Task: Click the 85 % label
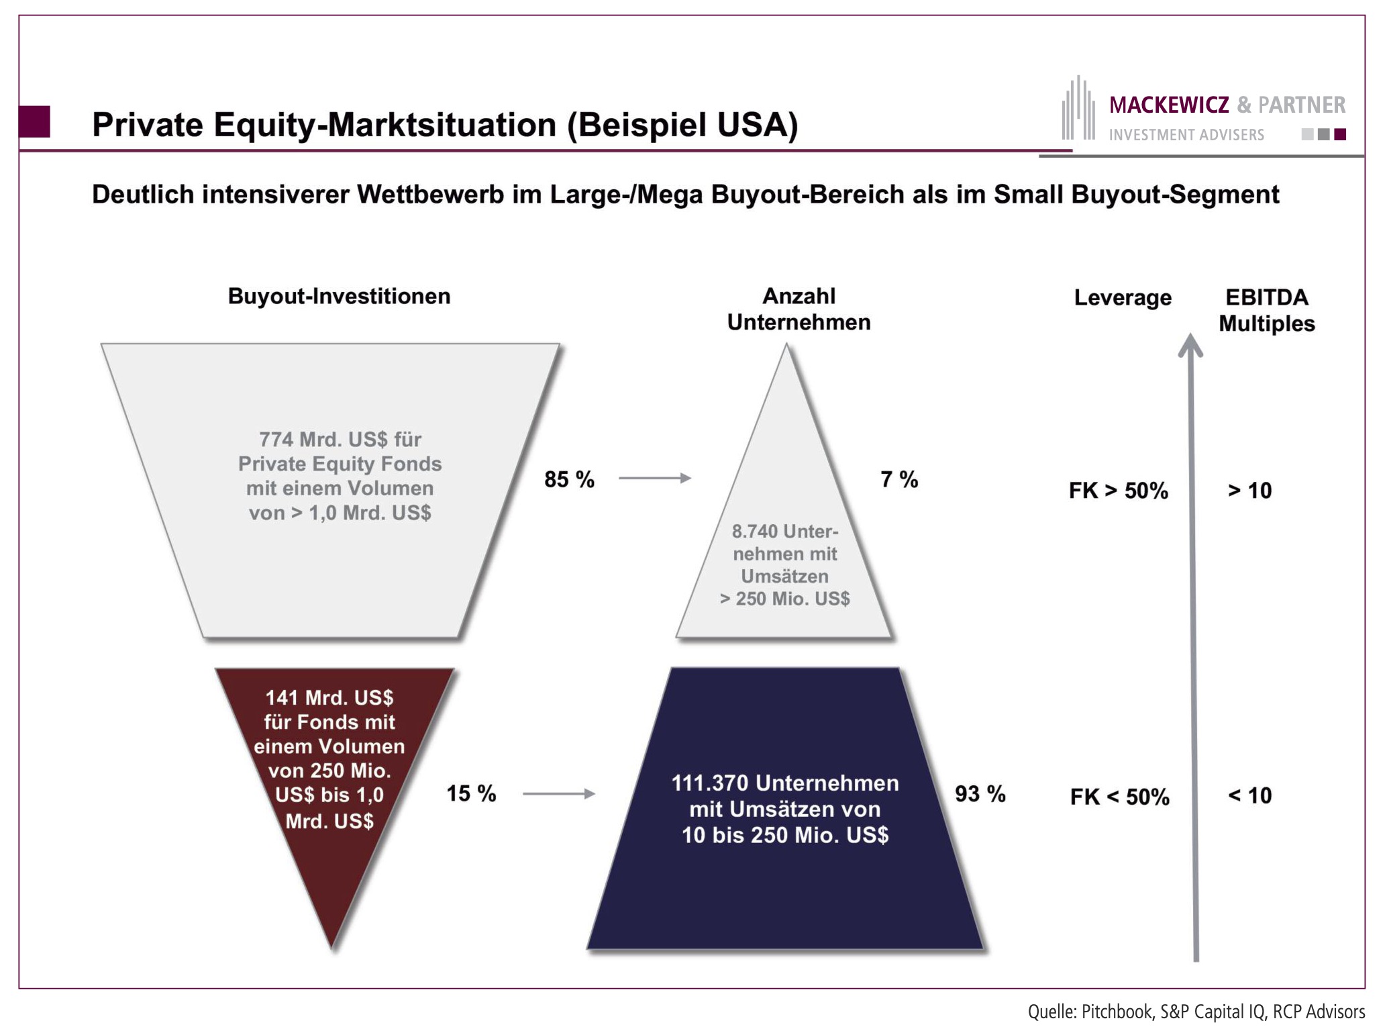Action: [x=569, y=479]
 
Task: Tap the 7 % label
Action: [x=898, y=479]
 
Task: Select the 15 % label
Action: [x=471, y=793]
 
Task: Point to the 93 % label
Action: [x=980, y=793]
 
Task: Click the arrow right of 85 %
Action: [x=654, y=478]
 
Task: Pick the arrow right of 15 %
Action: [x=558, y=793]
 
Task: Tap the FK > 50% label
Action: [x=1118, y=491]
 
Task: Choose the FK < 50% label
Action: [x=1119, y=797]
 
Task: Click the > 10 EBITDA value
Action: [x=1249, y=491]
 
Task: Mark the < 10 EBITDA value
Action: [x=1249, y=795]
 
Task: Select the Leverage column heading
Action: [x=1123, y=297]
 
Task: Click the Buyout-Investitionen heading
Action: [x=339, y=296]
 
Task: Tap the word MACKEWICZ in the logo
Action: [x=1169, y=105]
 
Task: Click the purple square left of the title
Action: [x=34, y=121]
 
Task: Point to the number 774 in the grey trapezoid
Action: [x=276, y=440]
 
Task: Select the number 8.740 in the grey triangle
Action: [x=754, y=532]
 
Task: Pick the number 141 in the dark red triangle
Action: [x=281, y=698]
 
